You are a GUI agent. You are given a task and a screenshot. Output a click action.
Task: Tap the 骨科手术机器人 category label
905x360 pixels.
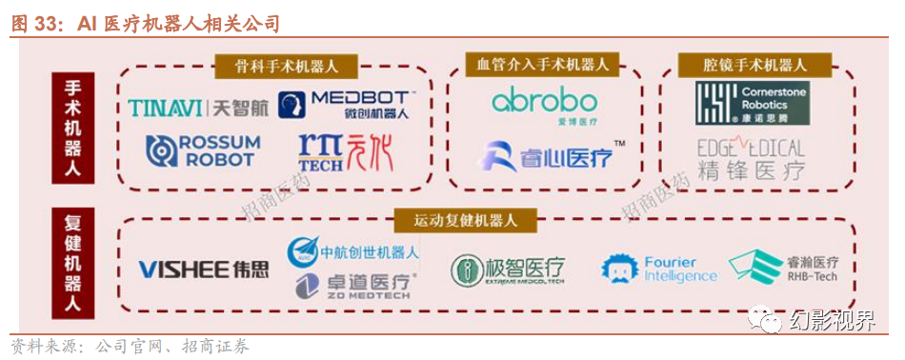click(x=286, y=66)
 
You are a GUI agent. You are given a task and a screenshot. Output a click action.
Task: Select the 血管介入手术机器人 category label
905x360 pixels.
click(x=543, y=64)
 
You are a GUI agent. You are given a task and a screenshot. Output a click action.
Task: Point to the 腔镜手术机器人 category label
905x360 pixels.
click(x=755, y=65)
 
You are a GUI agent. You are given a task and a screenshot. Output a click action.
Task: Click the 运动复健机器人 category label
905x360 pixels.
click(x=465, y=220)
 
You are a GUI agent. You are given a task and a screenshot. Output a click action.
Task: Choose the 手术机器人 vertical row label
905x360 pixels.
click(x=73, y=129)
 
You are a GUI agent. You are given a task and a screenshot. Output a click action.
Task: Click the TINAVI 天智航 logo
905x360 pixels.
click(x=198, y=108)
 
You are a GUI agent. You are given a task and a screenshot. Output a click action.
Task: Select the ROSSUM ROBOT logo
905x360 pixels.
click(x=203, y=150)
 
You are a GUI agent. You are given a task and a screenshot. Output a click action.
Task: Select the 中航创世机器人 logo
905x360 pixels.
click(x=353, y=251)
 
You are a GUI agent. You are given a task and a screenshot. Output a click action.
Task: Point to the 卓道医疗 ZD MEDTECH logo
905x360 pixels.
click(x=353, y=284)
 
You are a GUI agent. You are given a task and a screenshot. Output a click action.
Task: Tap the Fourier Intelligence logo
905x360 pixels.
click(x=659, y=269)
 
